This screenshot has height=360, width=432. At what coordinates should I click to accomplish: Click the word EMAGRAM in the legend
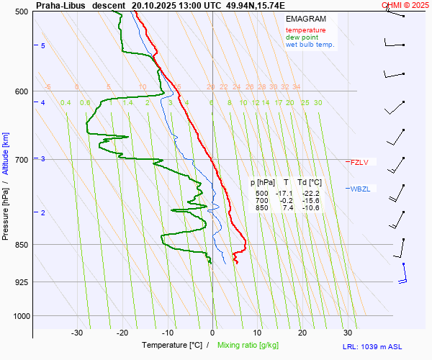pos(305,18)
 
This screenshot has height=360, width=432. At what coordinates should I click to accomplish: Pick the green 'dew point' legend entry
pos(302,37)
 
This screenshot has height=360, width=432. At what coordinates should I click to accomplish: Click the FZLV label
pos(359,162)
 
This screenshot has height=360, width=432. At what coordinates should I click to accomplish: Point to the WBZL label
pos(360,189)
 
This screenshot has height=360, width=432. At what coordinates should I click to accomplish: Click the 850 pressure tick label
pos(21,245)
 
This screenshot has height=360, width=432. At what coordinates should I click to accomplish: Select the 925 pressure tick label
pos(21,282)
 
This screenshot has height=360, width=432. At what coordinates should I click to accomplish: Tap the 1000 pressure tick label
pos(19,316)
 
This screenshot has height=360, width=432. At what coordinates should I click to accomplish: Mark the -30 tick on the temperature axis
pos(77,333)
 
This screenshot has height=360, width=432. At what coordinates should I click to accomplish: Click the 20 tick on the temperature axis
pos(302,333)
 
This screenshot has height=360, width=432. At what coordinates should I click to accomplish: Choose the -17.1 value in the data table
pos(286,194)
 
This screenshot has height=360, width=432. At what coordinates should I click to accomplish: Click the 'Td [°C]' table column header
pos(311,182)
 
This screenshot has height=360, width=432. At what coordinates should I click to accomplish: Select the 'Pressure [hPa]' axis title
pos(6,209)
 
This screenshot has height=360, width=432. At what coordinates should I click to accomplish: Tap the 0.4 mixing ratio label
pos(66,103)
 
